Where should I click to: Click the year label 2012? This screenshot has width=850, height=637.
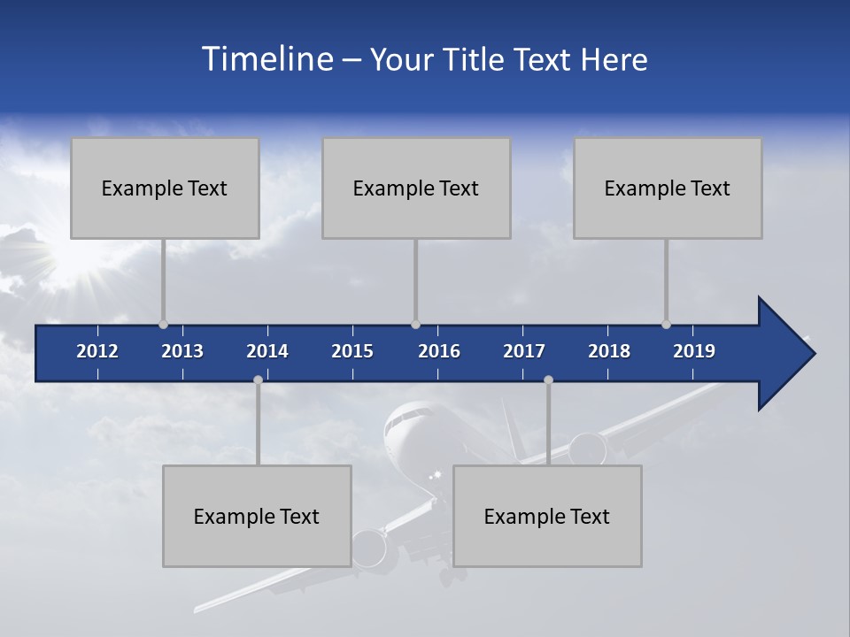click(97, 351)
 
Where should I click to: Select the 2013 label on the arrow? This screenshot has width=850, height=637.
click(182, 351)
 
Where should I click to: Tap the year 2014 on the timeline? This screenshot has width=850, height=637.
click(267, 351)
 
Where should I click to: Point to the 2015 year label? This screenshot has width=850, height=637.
click(352, 351)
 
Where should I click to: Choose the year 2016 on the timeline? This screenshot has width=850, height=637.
click(439, 351)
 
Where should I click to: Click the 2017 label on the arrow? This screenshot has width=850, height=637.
click(524, 351)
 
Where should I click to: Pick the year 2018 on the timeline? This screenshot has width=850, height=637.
click(609, 351)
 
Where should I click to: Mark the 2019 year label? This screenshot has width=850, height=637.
click(694, 351)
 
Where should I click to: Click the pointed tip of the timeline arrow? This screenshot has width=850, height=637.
click(812, 354)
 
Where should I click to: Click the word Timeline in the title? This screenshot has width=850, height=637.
click(266, 59)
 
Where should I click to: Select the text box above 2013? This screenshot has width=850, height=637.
click(165, 188)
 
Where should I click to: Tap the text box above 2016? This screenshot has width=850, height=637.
click(416, 188)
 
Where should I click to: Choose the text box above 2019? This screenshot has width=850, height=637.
click(668, 188)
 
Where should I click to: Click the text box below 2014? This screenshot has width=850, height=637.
click(257, 516)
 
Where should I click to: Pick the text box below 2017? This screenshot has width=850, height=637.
click(547, 516)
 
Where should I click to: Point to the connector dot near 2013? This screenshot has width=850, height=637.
click(163, 325)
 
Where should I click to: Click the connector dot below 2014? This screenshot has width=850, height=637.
click(258, 380)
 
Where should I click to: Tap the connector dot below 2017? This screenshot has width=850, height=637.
click(548, 380)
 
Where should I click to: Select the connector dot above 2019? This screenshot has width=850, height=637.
click(666, 325)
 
